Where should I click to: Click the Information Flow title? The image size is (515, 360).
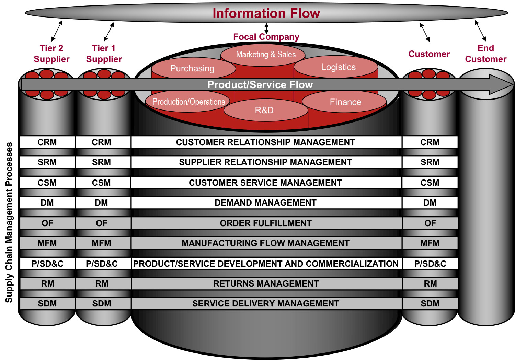(266, 13)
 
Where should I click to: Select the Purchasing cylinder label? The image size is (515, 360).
(192, 68)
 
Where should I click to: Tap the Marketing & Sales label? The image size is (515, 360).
(266, 54)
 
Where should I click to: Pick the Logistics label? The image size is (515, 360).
(338, 67)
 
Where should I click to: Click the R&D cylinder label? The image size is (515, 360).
(264, 110)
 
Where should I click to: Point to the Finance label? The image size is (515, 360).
(345, 102)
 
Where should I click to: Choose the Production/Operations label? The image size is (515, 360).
(188, 102)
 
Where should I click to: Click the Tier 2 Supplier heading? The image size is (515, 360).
(51, 54)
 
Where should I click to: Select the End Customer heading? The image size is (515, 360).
(485, 54)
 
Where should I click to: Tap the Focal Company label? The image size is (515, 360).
(266, 37)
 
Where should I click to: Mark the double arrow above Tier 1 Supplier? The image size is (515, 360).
(109, 32)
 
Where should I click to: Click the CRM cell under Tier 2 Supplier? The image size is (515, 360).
(47, 142)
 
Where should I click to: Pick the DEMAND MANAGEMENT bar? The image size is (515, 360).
(265, 202)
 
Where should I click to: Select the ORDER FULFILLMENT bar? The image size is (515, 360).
(265, 223)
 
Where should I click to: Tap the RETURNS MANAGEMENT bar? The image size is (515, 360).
(265, 283)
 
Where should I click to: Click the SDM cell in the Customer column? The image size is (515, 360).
(430, 303)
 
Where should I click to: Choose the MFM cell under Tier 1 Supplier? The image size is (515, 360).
(101, 243)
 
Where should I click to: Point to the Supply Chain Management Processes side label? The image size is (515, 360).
(9, 222)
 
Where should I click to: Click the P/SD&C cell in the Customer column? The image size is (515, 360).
(430, 264)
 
